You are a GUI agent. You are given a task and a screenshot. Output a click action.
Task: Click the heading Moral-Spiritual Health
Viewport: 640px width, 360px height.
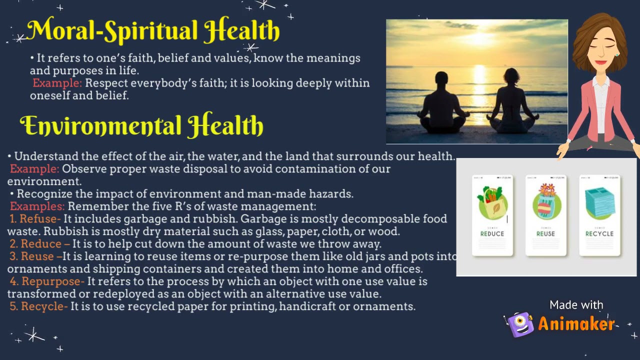[153, 31]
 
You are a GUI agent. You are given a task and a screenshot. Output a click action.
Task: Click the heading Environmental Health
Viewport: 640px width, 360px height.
[141, 125]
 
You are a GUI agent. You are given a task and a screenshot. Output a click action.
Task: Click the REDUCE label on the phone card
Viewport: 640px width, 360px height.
[492, 233]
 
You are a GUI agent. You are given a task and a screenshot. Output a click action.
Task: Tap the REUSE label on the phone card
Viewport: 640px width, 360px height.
[545, 233]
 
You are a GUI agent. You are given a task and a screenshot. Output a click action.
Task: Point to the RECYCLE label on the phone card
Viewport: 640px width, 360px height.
[599, 233]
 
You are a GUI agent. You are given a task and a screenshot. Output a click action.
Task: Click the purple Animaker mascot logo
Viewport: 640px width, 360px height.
[520, 324]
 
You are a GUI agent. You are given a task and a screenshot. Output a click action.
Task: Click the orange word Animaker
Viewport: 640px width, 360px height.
[576, 324]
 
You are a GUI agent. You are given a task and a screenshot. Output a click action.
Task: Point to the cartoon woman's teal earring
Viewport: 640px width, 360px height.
[617, 53]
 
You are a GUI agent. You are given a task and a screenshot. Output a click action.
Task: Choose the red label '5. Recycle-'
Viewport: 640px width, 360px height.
[38, 306]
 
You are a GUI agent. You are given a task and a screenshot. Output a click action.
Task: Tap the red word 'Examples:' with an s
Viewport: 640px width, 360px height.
[37, 206]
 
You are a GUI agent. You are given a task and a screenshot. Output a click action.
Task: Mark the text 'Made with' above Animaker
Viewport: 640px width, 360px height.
[576, 305]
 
